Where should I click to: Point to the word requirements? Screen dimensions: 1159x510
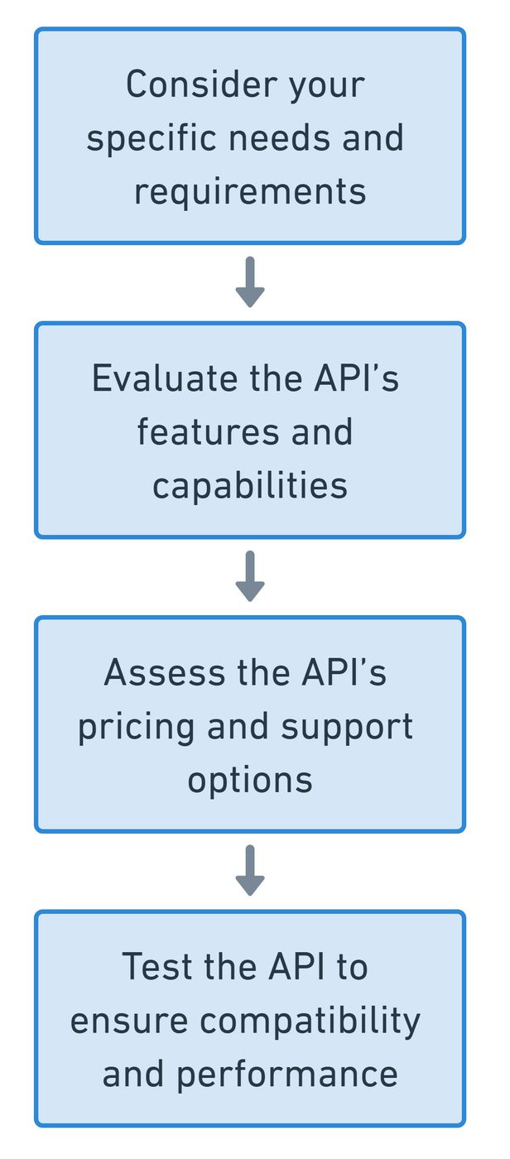tap(250, 191)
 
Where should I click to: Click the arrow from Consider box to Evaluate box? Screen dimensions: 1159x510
tap(250, 282)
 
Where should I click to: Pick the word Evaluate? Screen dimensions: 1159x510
tap(163, 378)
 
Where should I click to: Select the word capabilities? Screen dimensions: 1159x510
tap(250, 485)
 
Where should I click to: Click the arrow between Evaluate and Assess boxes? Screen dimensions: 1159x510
tap(250, 576)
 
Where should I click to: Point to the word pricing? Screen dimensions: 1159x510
tap(136, 727)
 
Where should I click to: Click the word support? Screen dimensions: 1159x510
tap(347, 727)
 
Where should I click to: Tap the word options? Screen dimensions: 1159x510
tap(250, 780)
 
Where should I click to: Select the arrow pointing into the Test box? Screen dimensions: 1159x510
tap(250, 870)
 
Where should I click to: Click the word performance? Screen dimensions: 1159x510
tap(286, 1075)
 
